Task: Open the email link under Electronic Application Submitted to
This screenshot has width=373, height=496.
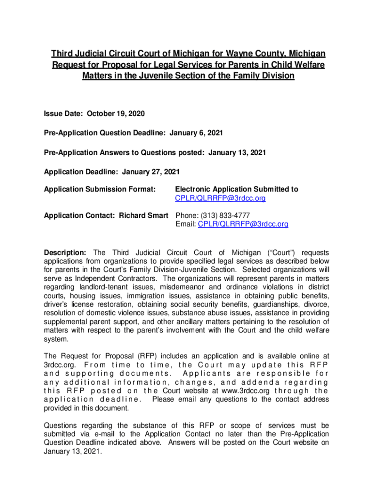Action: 220,198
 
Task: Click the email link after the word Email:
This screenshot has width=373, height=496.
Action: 243,224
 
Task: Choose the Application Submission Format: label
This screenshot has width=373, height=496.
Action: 99,189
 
